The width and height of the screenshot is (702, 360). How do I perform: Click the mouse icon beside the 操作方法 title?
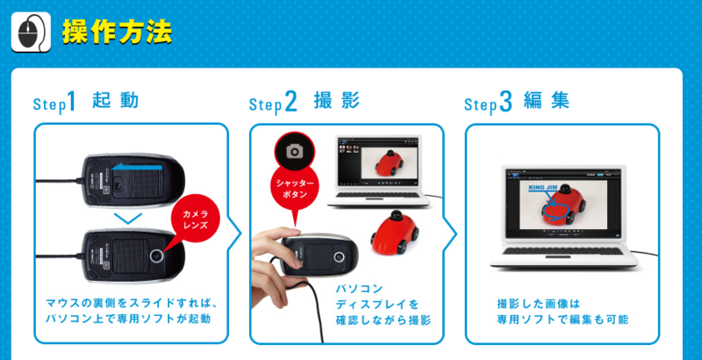tap(31, 32)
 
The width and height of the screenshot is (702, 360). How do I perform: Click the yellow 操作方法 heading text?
tap(118, 32)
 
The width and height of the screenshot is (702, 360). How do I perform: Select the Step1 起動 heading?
tap(86, 102)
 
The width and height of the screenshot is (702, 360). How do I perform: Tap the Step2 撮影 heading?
tap(304, 102)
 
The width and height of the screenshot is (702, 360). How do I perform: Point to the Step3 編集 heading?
tap(517, 102)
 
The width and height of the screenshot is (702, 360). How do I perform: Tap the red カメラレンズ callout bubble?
tap(196, 219)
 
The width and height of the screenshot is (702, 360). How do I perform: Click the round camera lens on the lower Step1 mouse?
tap(157, 256)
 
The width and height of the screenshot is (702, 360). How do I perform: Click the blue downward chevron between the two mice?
tap(127, 219)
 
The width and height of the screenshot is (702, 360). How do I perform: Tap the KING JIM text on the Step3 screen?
tap(543, 187)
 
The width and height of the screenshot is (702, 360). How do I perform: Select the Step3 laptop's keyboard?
tap(562, 251)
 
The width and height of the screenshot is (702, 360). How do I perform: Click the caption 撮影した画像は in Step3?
tap(538, 304)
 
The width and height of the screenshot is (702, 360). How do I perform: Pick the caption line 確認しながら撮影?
tap(383, 320)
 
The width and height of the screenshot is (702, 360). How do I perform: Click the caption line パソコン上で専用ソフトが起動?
tap(128, 320)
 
